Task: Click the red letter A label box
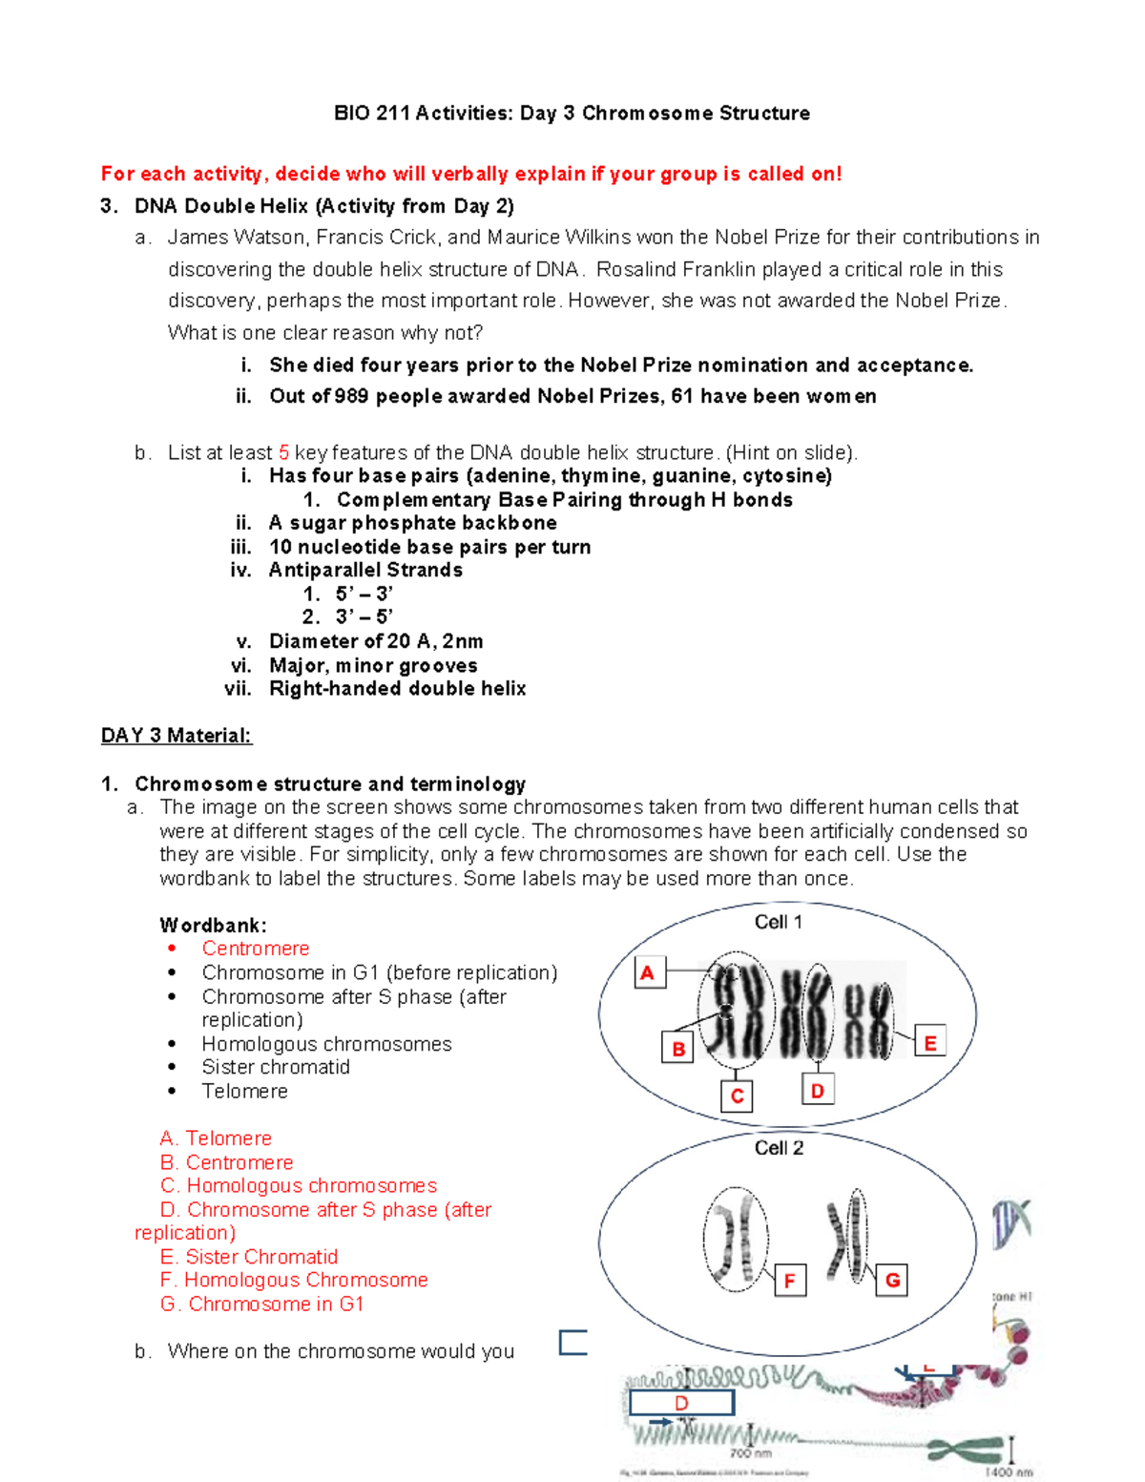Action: click(649, 972)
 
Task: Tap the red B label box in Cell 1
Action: click(677, 1048)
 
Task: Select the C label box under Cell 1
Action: click(737, 1096)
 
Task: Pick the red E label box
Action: click(929, 1043)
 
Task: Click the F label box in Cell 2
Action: click(789, 1281)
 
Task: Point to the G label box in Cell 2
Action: click(892, 1280)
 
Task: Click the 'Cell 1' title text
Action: click(778, 922)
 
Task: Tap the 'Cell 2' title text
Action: click(779, 1148)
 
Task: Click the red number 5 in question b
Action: click(283, 452)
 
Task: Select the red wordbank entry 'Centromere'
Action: click(255, 949)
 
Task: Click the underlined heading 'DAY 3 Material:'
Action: click(177, 736)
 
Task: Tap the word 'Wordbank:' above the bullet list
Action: click(213, 926)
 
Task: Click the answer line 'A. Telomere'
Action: click(217, 1138)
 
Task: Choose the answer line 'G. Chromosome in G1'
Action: click(262, 1304)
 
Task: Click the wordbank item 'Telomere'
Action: click(244, 1091)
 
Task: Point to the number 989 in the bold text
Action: click(351, 396)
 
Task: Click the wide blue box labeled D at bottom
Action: click(681, 1403)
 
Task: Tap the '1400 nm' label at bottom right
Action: click(1009, 1472)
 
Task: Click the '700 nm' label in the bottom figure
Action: click(751, 1453)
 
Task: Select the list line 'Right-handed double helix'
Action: click(397, 689)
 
